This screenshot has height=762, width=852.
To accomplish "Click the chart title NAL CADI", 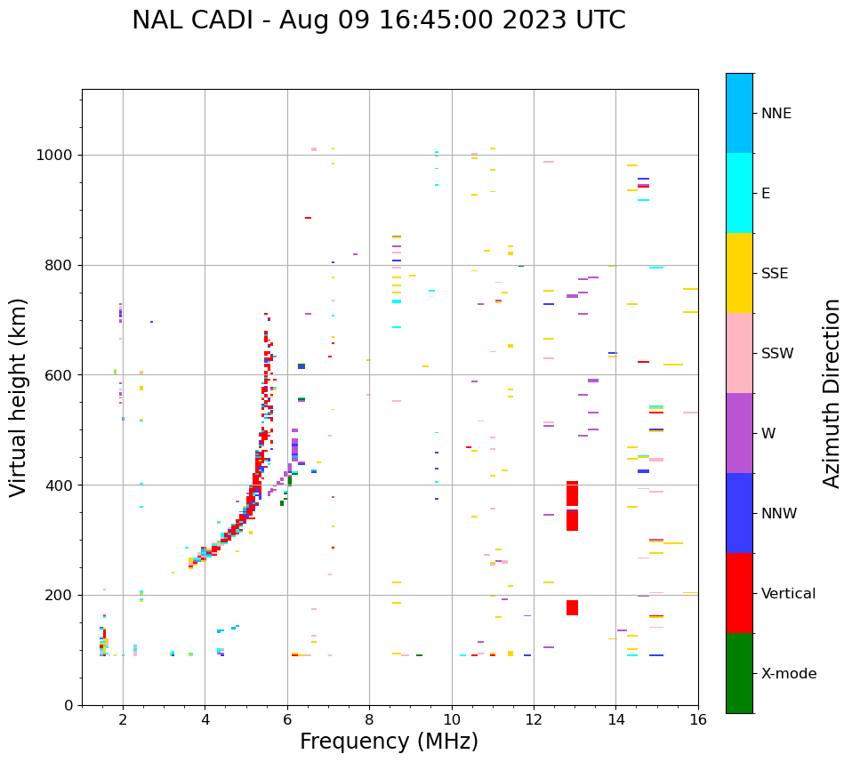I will (x=378, y=20).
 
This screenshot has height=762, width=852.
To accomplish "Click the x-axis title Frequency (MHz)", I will (x=389, y=742).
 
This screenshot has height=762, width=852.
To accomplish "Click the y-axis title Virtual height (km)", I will (x=19, y=397).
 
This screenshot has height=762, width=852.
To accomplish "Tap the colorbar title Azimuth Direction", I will (x=832, y=393).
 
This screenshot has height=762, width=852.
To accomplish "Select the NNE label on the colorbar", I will (x=776, y=114).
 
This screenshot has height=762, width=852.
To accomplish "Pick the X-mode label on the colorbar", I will (x=788, y=674).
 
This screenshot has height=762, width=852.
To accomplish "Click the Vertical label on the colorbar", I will (x=788, y=594).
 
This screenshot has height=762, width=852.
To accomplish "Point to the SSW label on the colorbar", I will (x=777, y=354).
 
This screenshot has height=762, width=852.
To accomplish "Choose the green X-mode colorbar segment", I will (x=739, y=673).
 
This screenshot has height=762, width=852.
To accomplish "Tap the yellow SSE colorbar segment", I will (x=739, y=273).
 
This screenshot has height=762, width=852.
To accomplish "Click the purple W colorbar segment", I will (x=739, y=433).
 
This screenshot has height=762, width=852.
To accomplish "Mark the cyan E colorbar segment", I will (x=739, y=193).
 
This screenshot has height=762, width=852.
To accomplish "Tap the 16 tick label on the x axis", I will (x=698, y=720).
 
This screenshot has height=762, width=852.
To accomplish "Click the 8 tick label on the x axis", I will (x=369, y=720).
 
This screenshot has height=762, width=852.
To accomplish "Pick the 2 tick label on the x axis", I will (x=123, y=720).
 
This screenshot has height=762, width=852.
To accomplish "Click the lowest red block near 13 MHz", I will (x=572, y=607).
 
